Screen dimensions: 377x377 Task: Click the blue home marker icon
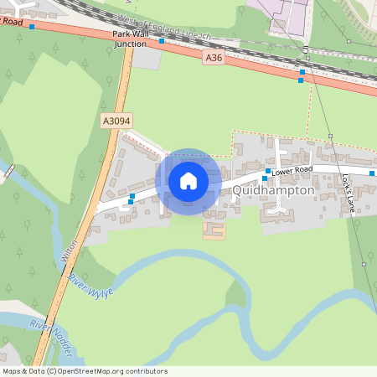(x=188, y=181)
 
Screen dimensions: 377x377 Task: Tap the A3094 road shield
(x=117, y=121)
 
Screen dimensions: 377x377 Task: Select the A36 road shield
(x=214, y=58)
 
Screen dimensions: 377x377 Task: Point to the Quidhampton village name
(x=275, y=190)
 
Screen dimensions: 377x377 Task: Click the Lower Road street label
(x=292, y=169)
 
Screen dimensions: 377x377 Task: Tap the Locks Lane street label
(x=349, y=193)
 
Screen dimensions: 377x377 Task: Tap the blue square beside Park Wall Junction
(x=161, y=39)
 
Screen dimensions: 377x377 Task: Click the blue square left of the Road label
(x=32, y=27)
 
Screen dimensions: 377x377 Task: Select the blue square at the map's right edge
(x=374, y=172)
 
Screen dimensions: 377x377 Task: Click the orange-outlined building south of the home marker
(x=214, y=227)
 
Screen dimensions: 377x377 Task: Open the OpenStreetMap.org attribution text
(x=113, y=371)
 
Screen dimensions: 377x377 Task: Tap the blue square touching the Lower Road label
(x=267, y=170)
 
